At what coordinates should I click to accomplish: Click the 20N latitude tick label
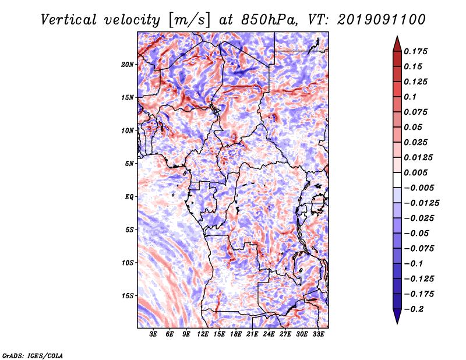pos(127,65)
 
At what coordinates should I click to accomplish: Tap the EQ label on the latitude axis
pos(129,197)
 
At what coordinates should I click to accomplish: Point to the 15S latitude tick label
pos(127,296)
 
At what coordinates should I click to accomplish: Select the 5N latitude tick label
pos(129,164)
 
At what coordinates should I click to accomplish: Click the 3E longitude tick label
pos(153,334)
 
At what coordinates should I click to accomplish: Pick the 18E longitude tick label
pos(236,334)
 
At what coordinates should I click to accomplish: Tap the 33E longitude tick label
pos(318,334)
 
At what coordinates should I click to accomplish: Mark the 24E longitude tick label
pos(269,334)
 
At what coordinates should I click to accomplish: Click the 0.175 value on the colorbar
pos(415,51)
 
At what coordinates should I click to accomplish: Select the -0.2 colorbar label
pos(414,309)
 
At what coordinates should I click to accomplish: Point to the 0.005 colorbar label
pos(415,172)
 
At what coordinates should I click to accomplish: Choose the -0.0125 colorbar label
pos(421,203)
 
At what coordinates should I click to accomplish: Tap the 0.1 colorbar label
pos(410,97)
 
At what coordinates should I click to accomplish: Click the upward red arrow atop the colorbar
pos(397,44)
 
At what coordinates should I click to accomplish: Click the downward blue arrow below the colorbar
pos(397,316)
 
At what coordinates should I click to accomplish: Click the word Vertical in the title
pos(69,20)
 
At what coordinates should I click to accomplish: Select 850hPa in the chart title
pos(269,20)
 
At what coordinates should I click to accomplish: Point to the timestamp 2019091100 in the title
pos(382,20)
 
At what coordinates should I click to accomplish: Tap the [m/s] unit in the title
pos(189,20)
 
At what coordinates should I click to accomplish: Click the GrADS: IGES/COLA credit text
pos(33,356)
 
